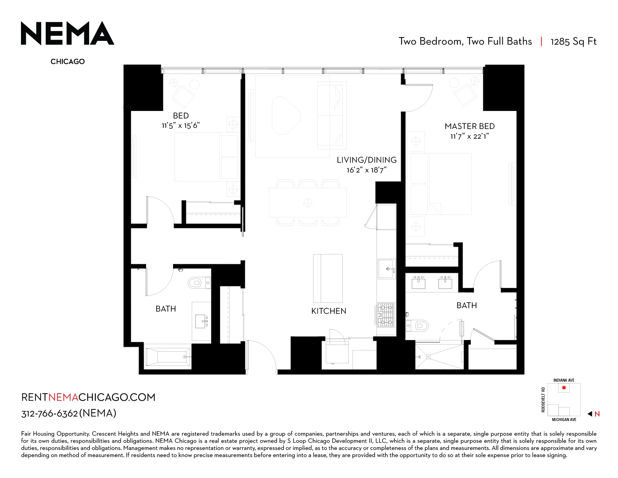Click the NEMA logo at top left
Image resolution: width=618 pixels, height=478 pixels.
click(x=67, y=33)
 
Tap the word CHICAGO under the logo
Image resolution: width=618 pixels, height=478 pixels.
click(x=67, y=61)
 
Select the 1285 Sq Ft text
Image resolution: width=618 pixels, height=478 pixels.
click(x=573, y=42)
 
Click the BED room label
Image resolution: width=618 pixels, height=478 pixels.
click(x=181, y=115)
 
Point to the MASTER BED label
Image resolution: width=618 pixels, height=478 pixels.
click(x=470, y=126)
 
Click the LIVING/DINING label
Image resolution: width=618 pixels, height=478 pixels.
click(x=367, y=160)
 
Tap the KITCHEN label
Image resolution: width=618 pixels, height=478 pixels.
click(x=329, y=311)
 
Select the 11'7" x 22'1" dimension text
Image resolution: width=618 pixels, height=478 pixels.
click(x=470, y=136)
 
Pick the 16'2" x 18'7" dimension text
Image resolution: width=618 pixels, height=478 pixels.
click(x=367, y=170)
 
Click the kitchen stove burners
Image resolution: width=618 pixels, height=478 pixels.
click(x=386, y=315)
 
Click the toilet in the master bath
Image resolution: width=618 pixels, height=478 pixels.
click(x=418, y=325)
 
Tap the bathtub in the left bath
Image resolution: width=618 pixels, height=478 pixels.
click(x=168, y=357)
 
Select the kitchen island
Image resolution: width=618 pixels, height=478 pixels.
click(x=328, y=279)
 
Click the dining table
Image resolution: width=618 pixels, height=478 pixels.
click(x=308, y=203)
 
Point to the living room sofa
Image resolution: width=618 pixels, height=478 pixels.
click(x=332, y=115)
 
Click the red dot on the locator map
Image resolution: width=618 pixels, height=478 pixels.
click(x=564, y=388)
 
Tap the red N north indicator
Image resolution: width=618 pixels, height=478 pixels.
click(x=597, y=414)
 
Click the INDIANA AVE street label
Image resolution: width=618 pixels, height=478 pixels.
click(x=564, y=381)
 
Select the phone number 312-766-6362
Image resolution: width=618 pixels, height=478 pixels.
click(x=49, y=414)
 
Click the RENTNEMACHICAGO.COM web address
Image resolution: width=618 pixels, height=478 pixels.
click(x=88, y=397)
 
